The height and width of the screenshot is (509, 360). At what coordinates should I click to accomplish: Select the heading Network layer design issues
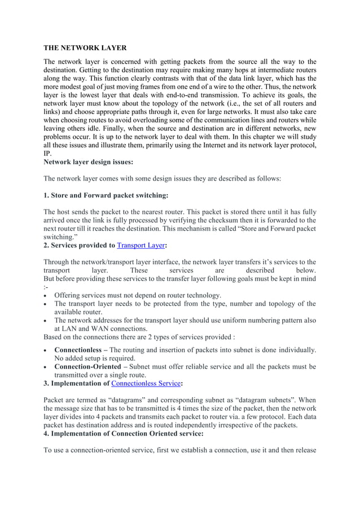coord(89,162)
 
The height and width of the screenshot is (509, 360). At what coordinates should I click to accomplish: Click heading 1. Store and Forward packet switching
coord(106,195)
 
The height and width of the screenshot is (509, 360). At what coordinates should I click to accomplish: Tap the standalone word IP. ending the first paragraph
coord(47,153)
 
